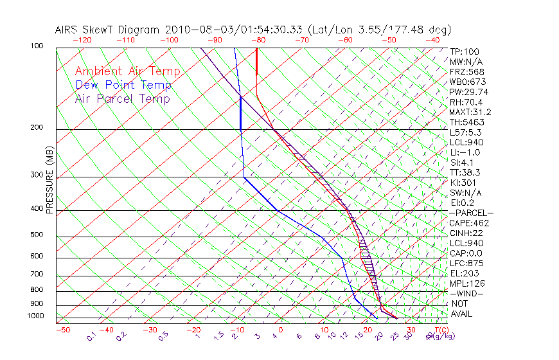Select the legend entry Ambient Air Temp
[x=127, y=71]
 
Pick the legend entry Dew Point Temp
[x=123, y=85]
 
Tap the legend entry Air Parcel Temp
[x=122, y=99]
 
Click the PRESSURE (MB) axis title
[x=50, y=181]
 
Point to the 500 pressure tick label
[x=37, y=236]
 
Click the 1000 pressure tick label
[x=35, y=316]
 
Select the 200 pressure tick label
[x=37, y=128]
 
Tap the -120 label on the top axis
[x=82, y=40]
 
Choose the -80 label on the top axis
[x=257, y=40]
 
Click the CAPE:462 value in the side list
[x=469, y=223]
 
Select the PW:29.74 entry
[x=468, y=92]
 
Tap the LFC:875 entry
[x=466, y=264]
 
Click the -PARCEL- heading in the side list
[x=471, y=213]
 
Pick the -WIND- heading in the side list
[x=467, y=293]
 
